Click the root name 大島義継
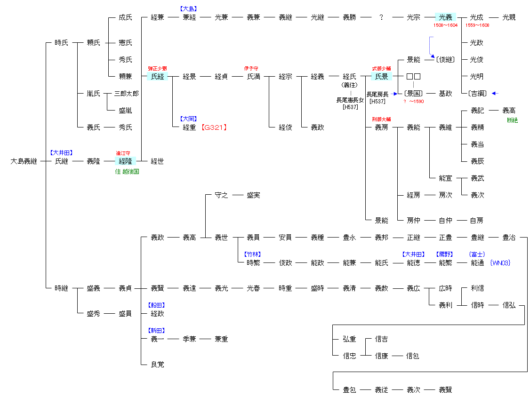24,161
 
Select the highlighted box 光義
445,17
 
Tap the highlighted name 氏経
157,77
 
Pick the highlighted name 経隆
125,161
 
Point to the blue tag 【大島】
189,8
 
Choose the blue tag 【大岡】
189,119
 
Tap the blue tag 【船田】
157,305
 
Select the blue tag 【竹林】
253,254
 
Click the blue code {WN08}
500,263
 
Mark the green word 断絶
512,120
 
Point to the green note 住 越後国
127,172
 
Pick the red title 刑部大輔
381,119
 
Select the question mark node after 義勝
381,17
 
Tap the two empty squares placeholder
413,77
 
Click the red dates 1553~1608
477,25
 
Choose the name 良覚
157,364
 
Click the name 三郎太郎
126,94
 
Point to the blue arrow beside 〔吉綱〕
495,94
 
